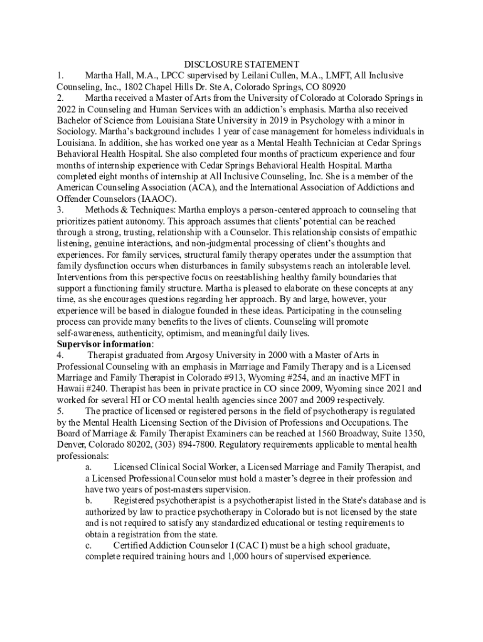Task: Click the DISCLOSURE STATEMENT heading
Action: click(242, 64)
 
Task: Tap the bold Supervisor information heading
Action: click(104, 344)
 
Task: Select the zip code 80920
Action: click(332, 87)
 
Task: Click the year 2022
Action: click(68, 109)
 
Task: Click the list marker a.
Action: click(89, 467)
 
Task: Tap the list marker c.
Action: click(89, 545)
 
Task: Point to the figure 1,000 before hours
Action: click(240, 557)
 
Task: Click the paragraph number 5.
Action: click(60, 411)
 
